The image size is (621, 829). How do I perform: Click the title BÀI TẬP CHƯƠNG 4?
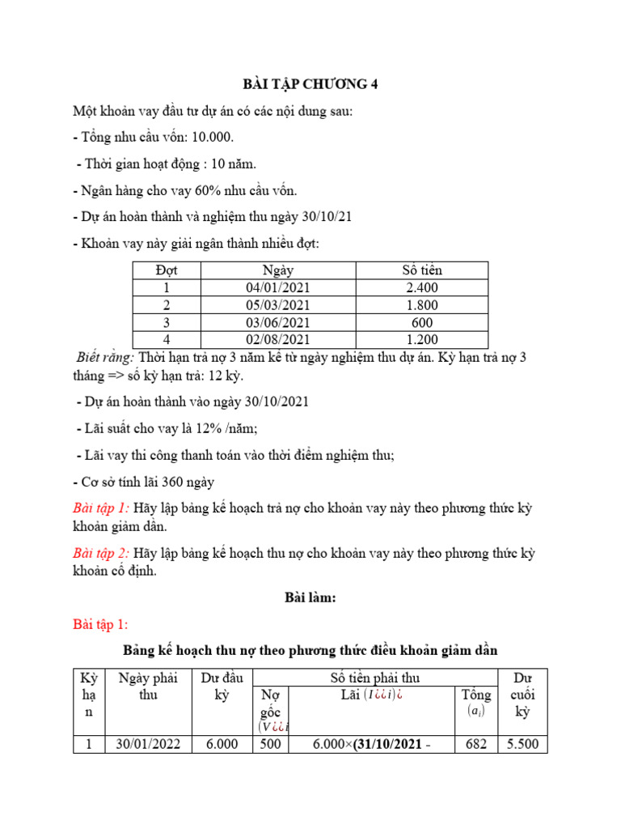coord(310,84)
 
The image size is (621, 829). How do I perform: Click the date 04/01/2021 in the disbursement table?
coord(278,288)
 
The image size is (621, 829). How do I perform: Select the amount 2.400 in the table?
coord(422,288)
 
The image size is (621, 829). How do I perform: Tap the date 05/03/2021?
coord(278,305)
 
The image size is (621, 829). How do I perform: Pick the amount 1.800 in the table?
coord(422,305)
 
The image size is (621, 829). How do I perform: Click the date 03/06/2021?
coord(278,322)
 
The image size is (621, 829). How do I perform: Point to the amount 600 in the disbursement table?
coord(422,322)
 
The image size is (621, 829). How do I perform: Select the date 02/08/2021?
coord(278,339)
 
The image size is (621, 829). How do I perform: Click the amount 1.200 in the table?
coord(422,339)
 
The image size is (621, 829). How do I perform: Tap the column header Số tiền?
coord(422,270)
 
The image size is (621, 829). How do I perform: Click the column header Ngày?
coord(278,270)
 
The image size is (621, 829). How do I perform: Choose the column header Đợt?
coord(166,270)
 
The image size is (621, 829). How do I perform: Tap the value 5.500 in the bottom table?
coord(522,744)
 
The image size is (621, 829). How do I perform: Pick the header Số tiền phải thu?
coord(375,678)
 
